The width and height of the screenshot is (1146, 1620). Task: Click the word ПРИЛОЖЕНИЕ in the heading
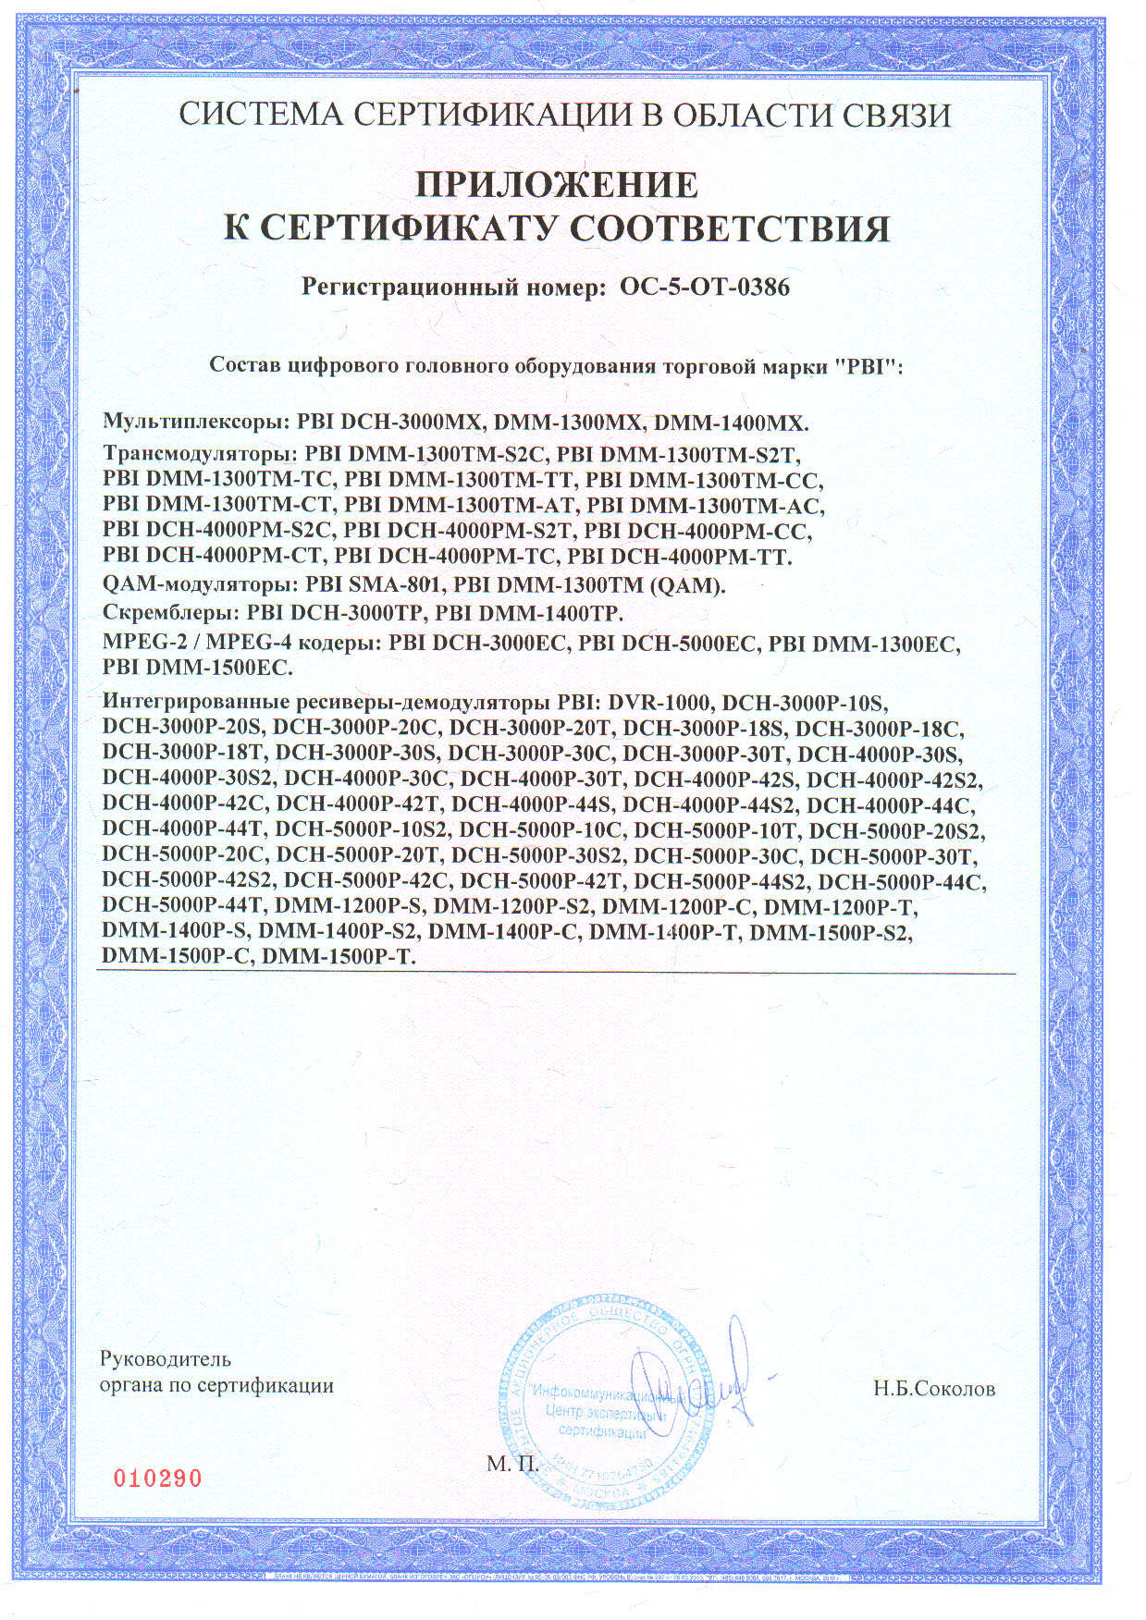pyautogui.click(x=556, y=185)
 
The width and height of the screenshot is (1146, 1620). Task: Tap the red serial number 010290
pyautogui.click(x=157, y=1478)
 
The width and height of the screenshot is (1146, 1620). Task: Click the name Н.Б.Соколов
pyautogui.click(x=934, y=1389)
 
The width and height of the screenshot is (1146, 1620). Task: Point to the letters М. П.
pyautogui.click(x=511, y=1463)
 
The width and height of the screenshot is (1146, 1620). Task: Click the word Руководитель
pyautogui.click(x=166, y=1358)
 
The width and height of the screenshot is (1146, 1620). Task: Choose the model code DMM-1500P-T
pyautogui.click(x=339, y=957)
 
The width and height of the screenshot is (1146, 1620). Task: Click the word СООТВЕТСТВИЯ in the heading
pyautogui.click(x=729, y=228)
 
